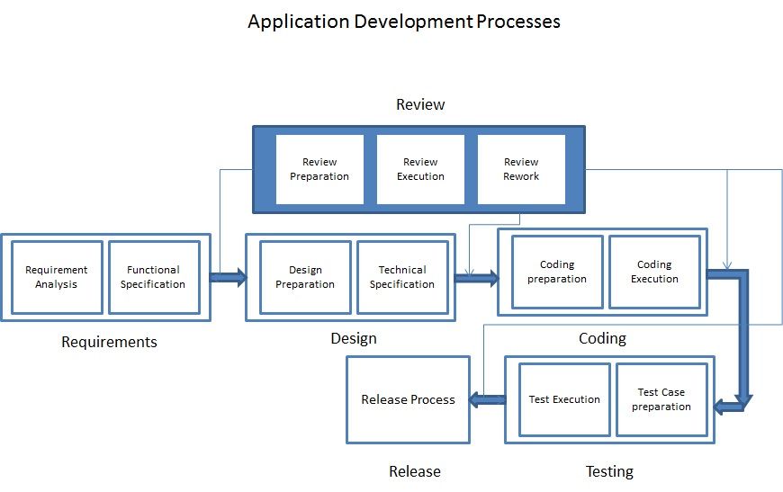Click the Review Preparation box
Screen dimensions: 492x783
(x=319, y=169)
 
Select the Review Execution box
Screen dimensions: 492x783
(x=420, y=169)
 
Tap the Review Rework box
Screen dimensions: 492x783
(x=521, y=169)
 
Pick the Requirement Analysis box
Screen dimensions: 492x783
(x=57, y=277)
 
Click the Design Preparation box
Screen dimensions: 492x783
(x=305, y=277)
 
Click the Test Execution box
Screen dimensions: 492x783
(x=564, y=399)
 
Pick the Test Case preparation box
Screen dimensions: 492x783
(x=661, y=399)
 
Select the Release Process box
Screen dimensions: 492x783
(x=408, y=399)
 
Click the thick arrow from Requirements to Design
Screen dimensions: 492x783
(x=228, y=277)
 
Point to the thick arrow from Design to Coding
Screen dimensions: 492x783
(x=475, y=277)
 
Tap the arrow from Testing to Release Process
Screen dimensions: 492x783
(x=487, y=400)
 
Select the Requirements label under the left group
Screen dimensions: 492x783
(x=109, y=342)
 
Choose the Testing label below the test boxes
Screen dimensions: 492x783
(x=609, y=471)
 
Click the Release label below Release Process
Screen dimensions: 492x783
(x=415, y=471)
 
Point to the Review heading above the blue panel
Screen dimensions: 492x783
(x=420, y=104)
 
